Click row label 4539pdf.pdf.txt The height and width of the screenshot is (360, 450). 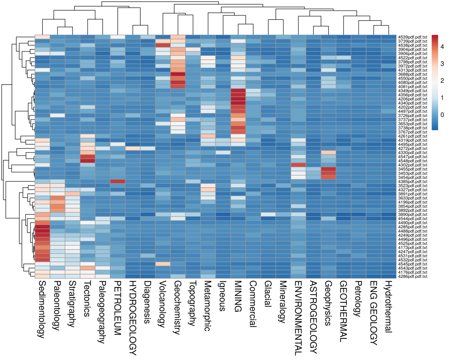(412, 37)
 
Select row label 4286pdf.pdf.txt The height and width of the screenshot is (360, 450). (412, 276)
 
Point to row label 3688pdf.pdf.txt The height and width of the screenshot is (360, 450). (412, 74)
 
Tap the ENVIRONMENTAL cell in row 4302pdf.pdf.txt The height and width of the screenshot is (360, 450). (298, 165)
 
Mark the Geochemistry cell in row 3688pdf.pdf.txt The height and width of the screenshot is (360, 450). (178, 74)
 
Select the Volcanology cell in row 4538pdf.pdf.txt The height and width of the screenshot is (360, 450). (163, 45)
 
